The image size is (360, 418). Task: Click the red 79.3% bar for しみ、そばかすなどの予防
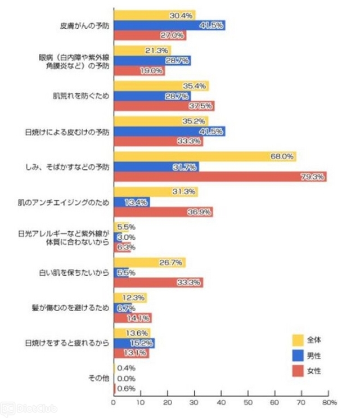[219, 177]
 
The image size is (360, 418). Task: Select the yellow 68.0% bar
[205, 156]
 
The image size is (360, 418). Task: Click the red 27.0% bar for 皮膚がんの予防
[150, 35]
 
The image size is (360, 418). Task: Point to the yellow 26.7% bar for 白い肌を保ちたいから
[149, 263]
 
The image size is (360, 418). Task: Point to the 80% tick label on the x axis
[329, 403]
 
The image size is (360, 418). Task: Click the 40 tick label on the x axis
[221, 403]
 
